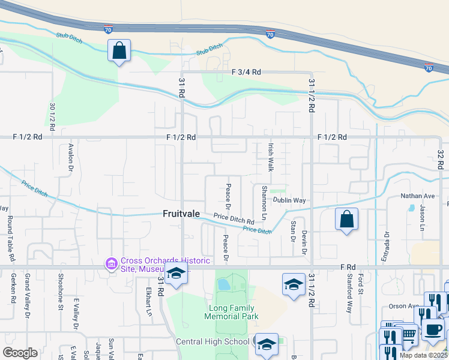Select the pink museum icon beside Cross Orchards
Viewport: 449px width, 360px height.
(x=111, y=264)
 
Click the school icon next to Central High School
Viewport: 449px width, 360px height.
(x=266, y=344)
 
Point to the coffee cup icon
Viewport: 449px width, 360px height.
(x=433, y=328)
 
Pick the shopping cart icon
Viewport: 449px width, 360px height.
(x=409, y=334)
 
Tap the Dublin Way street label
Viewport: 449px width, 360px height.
(x=290, y=200)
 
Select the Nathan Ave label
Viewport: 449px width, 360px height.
(x=418, y=196)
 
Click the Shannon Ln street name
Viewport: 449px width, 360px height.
(x=264, y=202)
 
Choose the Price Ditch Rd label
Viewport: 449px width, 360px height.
(x=234, y=219)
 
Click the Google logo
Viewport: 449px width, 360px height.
(x=20, y=353)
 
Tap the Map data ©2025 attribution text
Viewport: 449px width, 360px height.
(x=423, y=355)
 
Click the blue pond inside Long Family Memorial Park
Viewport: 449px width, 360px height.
(x=223, y=284)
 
